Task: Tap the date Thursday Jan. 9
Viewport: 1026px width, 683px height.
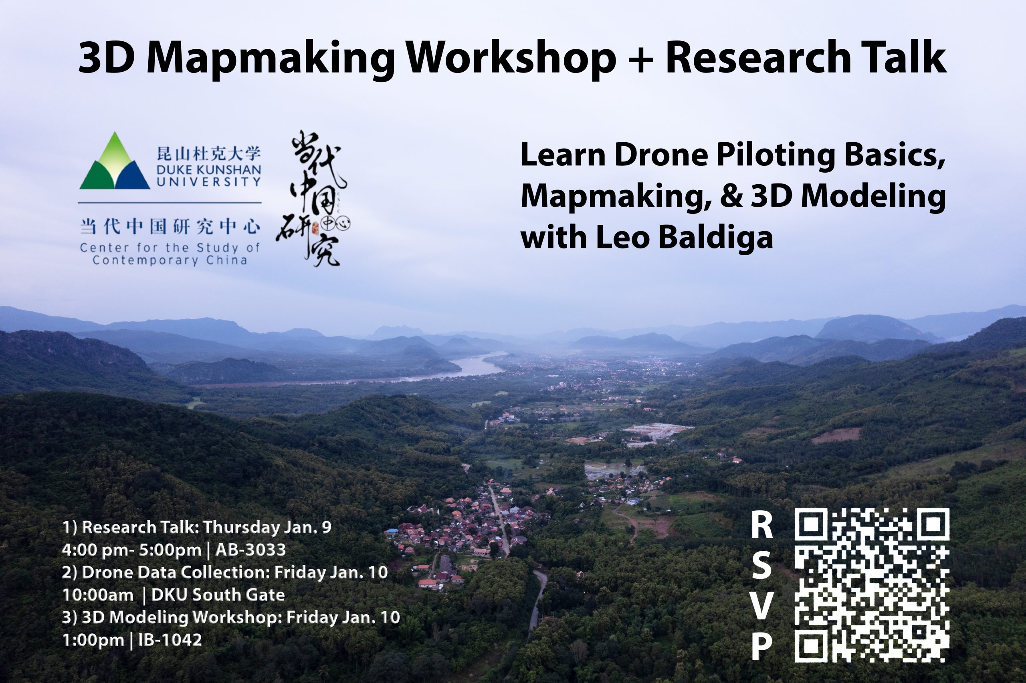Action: click(x=267, y=528)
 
